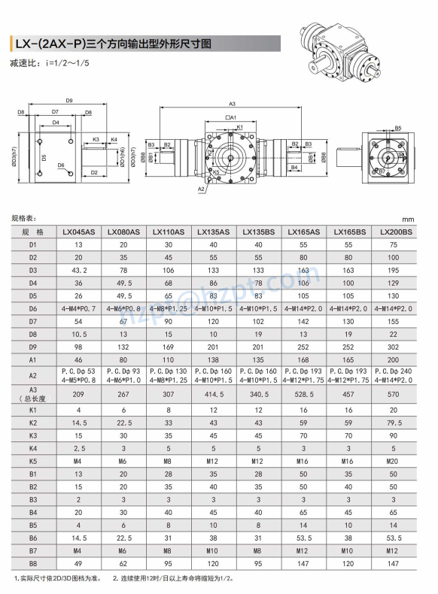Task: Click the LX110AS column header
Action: tap(169, 232)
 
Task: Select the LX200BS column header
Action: tap(395, 232)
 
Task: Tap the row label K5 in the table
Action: tap(32, 461)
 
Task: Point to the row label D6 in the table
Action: tap(32, 308)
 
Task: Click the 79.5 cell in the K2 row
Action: tap(395, 423)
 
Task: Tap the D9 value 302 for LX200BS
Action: tap(395, 347)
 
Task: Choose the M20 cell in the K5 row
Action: tap(395, 461)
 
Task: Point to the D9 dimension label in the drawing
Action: tap(68, 100)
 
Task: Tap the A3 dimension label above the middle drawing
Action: tap(232, 104)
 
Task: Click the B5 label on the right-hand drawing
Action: tap(398, 128)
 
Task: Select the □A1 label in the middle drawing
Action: tap(231, 118)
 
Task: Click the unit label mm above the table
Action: tap(408, 219)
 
